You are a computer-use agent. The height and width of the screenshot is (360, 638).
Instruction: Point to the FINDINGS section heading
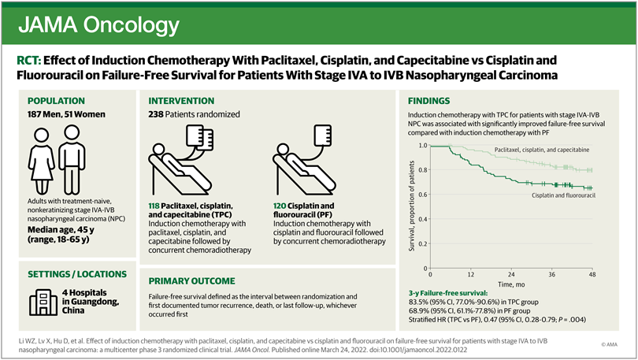pyautogui.click(x=429, y=101)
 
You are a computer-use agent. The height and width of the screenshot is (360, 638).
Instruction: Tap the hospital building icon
pyautogui.click(x=39, y=301)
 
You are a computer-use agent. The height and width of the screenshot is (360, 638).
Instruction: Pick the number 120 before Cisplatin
pyautogui.click(x=280, y=205)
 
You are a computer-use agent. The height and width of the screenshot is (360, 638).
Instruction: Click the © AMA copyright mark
pyautogui.click(x=607, y=344)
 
